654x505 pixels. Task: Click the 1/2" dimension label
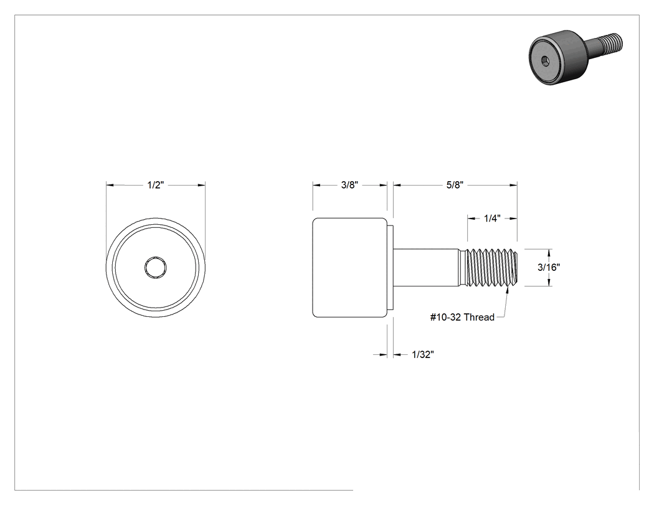click(x=156, y=185)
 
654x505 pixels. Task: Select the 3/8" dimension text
click(x=349, y=185)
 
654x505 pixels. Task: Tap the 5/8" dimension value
click(x=455, y=185)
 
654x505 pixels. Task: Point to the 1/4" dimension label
click(x=492, y=218)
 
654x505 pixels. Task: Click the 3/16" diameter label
click(x=549, y=267)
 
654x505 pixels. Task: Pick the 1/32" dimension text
click(x=423, y=354)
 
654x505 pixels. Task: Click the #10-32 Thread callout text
click(x=462, y=317)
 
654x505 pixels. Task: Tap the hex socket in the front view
click(x=156, y=267)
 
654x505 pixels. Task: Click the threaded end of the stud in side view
click(x=491, y=267)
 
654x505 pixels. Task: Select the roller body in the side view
click(x=349, y=267)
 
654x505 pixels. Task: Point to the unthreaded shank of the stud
click(x=426, y=267)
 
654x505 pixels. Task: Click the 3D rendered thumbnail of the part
click(x=576, y=57)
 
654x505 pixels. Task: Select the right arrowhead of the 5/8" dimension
click(x=513, y=185)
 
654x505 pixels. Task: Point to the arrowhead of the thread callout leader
click(x=508, y=290)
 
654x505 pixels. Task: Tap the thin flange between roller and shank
click(x=391, y=267)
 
